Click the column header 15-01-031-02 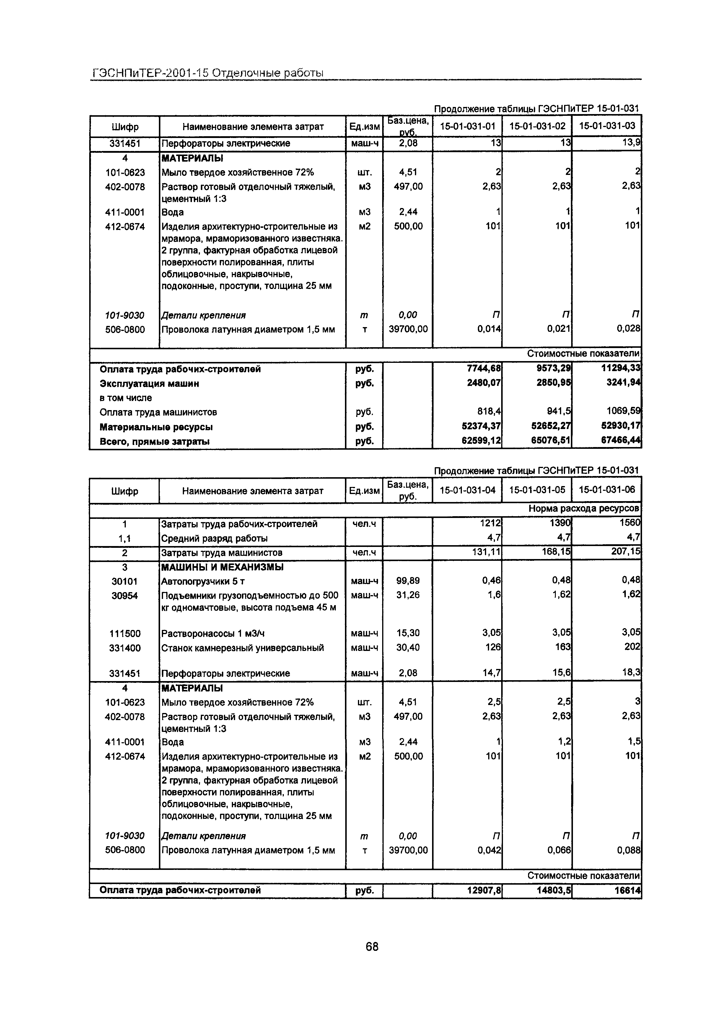pos(537,126)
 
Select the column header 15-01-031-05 pos(537,490)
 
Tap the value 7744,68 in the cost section pos(484,368)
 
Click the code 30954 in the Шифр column pos(125,595)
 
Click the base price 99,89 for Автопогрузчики pos(408,581)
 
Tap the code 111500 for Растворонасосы pos(125,633)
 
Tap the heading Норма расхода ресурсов pos(583,508)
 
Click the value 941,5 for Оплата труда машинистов pos(558,412)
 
